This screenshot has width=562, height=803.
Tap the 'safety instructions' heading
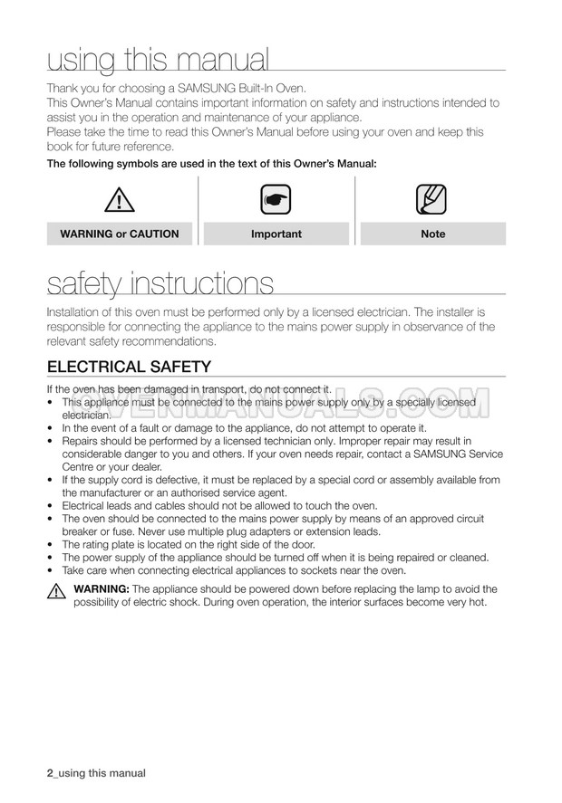click(x=160, y=283)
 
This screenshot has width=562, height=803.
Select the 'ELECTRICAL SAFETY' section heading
click(x=129, y=367)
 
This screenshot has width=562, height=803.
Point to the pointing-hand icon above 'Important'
click(x=276, y=200)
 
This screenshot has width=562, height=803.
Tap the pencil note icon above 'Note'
click(x=432, y=199)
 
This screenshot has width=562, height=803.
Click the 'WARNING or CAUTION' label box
click(x=120, y=234)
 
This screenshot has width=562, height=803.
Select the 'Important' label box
click(x=276, y=234)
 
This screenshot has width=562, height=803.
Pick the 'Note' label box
click(x=433, y=234)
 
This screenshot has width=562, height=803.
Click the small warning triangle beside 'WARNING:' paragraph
click(x=55, y=593)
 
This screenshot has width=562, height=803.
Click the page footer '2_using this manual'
click(x=95, y=773)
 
